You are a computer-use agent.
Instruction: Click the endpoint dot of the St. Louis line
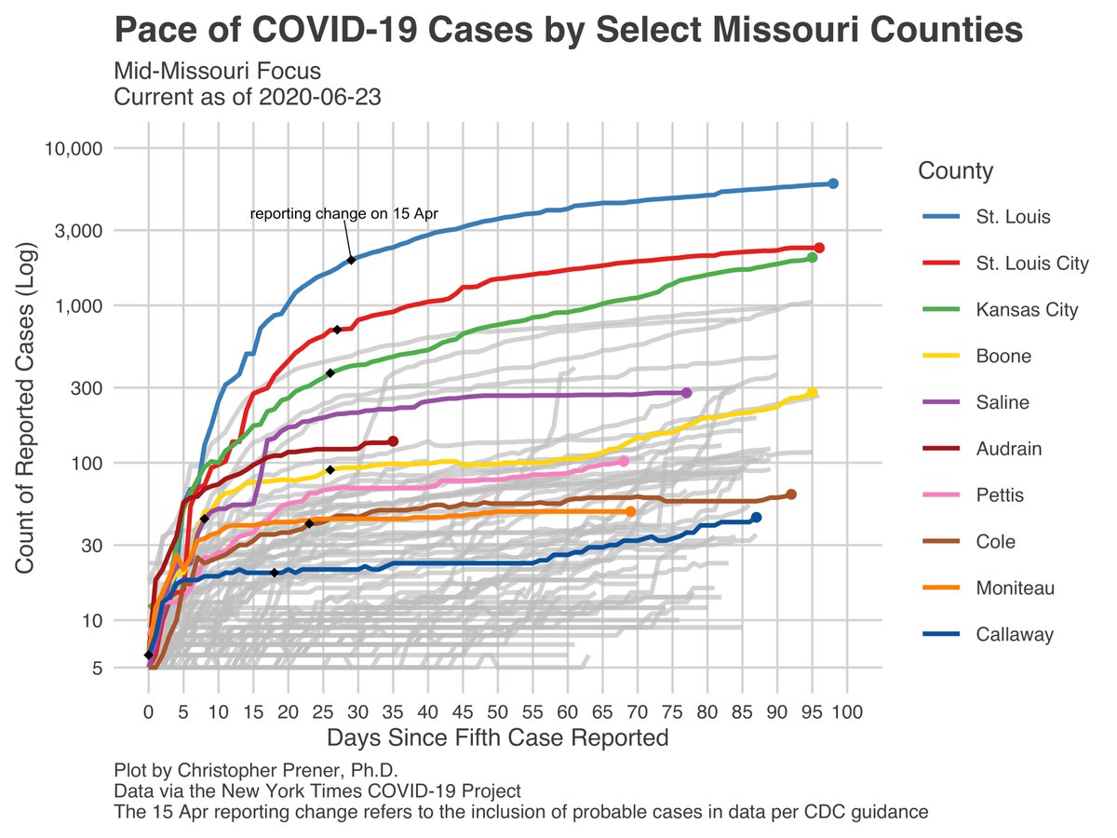point(833,183)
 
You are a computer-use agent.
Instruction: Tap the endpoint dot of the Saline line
point(686,393)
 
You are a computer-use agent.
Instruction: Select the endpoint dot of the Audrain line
point(393,441)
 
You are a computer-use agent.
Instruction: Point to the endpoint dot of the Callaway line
point(756,518)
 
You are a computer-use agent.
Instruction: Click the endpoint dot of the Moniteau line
point(630,511)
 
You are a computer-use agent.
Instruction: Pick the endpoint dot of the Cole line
point(791,494)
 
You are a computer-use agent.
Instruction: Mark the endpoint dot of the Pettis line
point(624,462)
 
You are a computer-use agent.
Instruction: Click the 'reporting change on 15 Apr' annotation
point(344,214)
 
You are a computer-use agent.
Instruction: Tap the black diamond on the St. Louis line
point(351,260)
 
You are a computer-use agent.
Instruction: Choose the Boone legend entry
point(1003,357)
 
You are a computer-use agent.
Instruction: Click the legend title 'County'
point(954,171)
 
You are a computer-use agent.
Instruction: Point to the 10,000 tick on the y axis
point(74,148)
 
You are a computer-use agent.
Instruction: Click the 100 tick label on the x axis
point(847,714)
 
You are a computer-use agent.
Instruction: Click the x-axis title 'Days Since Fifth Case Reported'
point(497,738)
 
